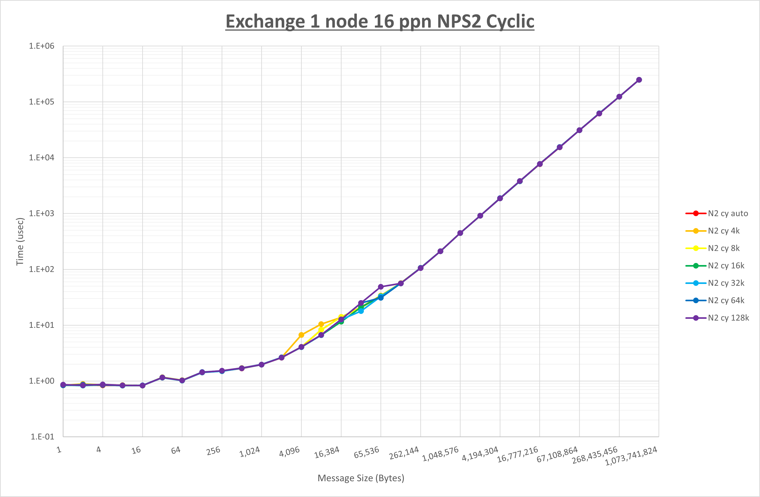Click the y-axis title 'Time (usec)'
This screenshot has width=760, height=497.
point(20,241)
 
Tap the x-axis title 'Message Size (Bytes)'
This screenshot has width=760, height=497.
point(361,478)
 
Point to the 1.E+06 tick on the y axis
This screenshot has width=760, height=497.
point(42,46)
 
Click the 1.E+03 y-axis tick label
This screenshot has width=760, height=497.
point(42,213)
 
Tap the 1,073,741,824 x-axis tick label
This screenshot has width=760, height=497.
point(631,456)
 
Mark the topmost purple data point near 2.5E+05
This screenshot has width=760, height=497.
point(639,80)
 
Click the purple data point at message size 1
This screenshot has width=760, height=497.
point(63,385)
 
